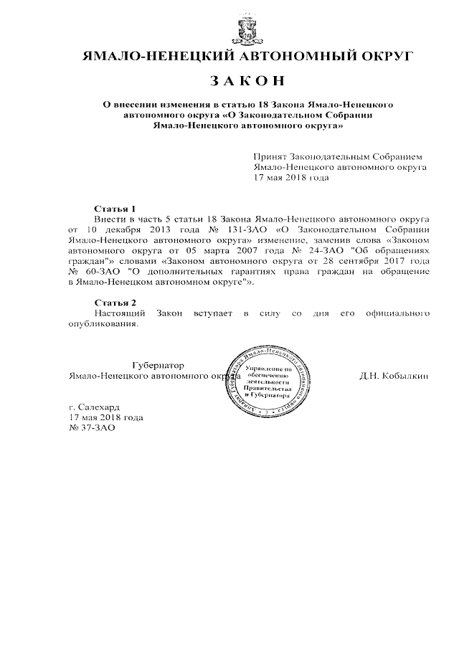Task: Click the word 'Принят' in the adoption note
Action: pos(270,157)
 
